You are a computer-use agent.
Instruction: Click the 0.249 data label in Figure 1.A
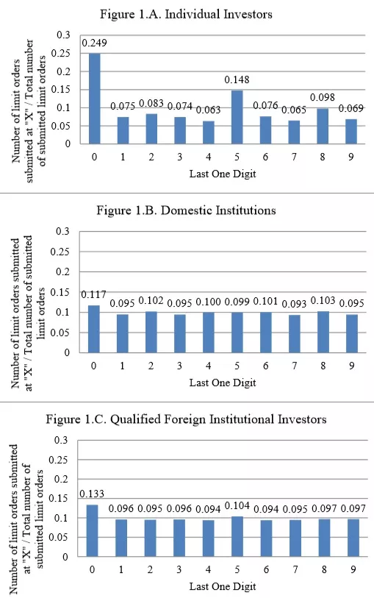click(x=94, y=43)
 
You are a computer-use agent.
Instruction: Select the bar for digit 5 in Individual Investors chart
click(x=237, y=117)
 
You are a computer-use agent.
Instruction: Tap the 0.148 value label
click(x=237, y=79)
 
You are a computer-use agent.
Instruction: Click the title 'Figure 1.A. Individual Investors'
click(x=186, y=14)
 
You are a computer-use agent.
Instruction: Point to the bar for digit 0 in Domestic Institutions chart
click(x=94, y=329)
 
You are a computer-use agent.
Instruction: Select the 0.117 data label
click(x=93, y=294)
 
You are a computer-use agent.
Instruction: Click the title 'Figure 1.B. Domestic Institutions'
click(x=186, y=210)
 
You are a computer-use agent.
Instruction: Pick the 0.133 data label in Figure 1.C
click(x=92, y=494)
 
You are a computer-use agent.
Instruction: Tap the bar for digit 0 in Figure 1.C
click(x=92, y=530)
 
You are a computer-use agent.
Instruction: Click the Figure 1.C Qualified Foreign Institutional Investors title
click(x=186, y=419)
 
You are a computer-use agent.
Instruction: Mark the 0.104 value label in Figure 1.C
click(x=237, y=506)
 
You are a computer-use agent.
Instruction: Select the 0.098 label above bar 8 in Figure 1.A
click(x=323, y=97)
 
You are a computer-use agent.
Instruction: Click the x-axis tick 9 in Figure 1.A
click(x=350, y=157)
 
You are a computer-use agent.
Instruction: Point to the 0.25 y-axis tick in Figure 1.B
click(x=60, y=252)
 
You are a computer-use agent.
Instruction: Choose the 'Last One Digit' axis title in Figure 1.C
click(x=223, y=586)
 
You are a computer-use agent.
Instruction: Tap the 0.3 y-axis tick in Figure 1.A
click(x=64, y=35)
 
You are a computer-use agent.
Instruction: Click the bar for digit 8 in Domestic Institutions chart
click(x=323, y=332)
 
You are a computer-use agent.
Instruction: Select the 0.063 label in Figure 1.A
click(x=208, y=110)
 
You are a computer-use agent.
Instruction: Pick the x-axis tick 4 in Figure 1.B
click(x=208, y=366)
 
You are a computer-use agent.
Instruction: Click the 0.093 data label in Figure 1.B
click(x=294, y=304)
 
